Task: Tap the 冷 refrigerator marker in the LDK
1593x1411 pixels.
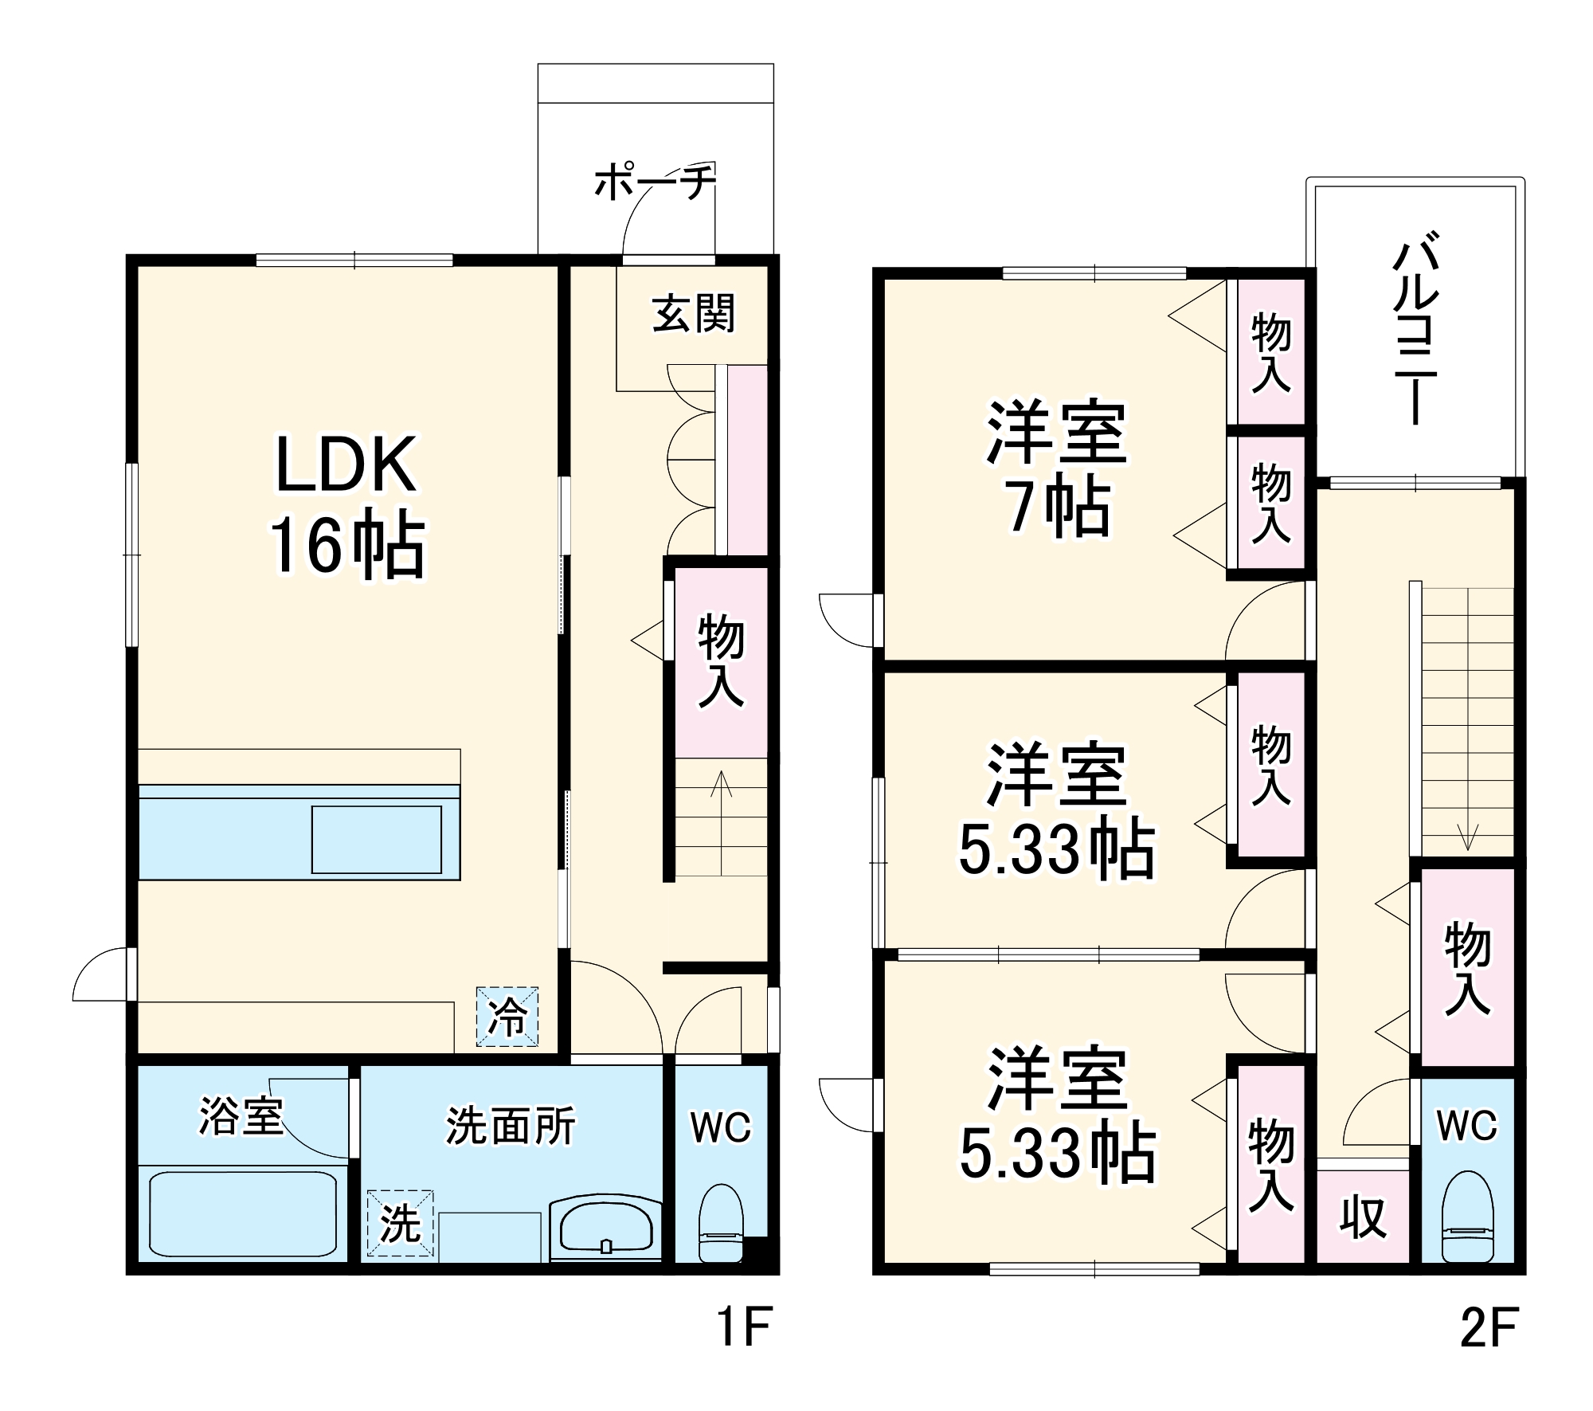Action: [x=507, y=1016]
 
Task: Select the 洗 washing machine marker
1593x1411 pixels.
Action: [x=400, y=1223]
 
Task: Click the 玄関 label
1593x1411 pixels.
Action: [x=693, y=314]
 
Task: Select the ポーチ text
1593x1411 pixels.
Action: [x=655, y=182]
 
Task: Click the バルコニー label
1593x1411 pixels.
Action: [x=1415, y=327]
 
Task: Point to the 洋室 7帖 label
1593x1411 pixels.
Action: [x=1057, y=470]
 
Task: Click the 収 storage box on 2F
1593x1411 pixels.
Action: [x=1363, y=1217]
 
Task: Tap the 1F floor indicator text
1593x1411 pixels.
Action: [x=744, y=1326]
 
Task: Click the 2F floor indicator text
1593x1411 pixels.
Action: [x=1489, y=1326]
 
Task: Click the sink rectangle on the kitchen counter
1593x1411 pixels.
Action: [x=376, y=839]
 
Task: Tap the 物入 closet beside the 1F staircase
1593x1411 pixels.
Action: [x=721, y=661]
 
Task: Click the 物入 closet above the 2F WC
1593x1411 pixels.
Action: [x=1467, y=968]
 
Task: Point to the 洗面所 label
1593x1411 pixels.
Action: [x=510, y=1126]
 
